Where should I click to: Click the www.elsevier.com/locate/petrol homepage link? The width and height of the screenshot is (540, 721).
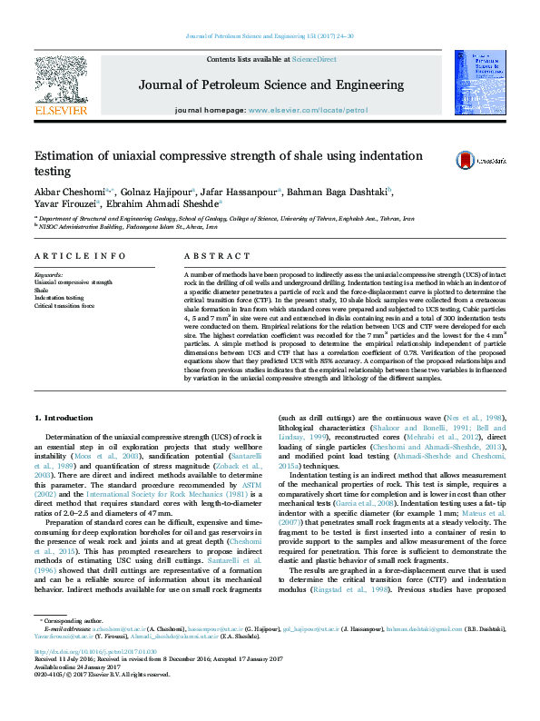click(308, 110)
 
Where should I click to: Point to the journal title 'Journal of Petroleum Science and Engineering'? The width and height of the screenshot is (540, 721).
click(271, 84)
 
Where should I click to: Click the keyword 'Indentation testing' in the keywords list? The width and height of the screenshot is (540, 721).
click(59, 298)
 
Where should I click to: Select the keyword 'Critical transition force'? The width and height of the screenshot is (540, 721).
click(64, 305)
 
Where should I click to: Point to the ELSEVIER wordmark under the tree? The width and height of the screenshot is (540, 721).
click(60, 110)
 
